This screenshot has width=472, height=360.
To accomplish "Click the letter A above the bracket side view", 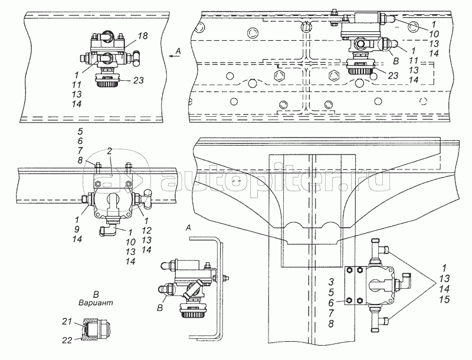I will pyautogui.click(x=188, y=227).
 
